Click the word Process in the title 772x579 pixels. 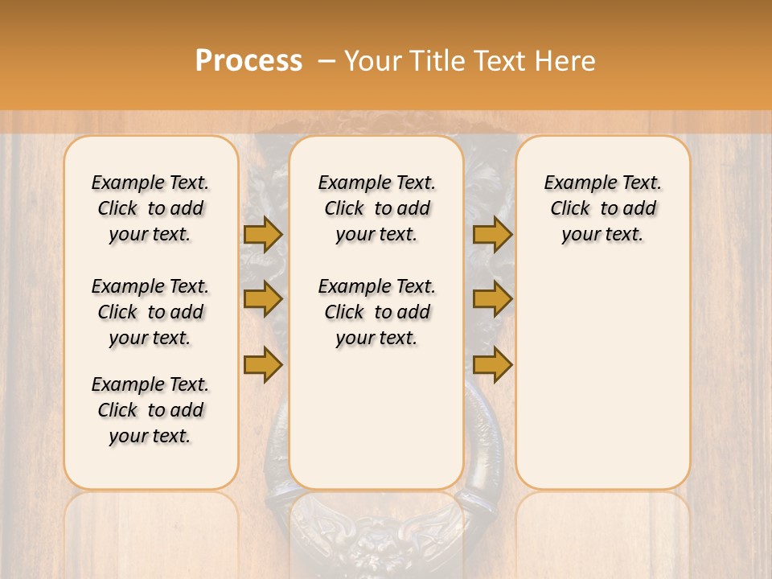pyautogui.click(x=248, y=61)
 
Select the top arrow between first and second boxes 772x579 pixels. pyautogui.click(x=262, y=234)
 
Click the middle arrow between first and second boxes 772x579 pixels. pyautogui.click(x=262, y=299)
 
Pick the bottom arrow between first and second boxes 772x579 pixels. pyautogui.click(x=262, y=364)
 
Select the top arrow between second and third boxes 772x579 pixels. pyautogui.click(x=492, y=234)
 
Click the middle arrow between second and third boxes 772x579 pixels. pyautogui.click(x=492, y=299)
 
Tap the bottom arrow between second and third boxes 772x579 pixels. pyautogui.click(x=492, y=364)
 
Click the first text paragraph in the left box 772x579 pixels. pyautogui.click(x=150, y=208)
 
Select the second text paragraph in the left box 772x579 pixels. pyautogui.click(x=150, y=312)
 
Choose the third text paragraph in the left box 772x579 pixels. pyautogui.click(x=150, y=410)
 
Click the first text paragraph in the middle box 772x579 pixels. pyautogui.click(x=376, y=208)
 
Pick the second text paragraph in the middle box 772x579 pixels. pyautogui.click(x=376, y=312)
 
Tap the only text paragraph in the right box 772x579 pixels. pyautogui.click(x=602, y=208)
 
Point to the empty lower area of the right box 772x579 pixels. pyautogui.click(x=602, y=378)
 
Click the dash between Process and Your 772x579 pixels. pyautogui.click(x=325, y=61)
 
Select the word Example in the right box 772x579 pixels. pyautogui.click(x=573, y=183)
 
